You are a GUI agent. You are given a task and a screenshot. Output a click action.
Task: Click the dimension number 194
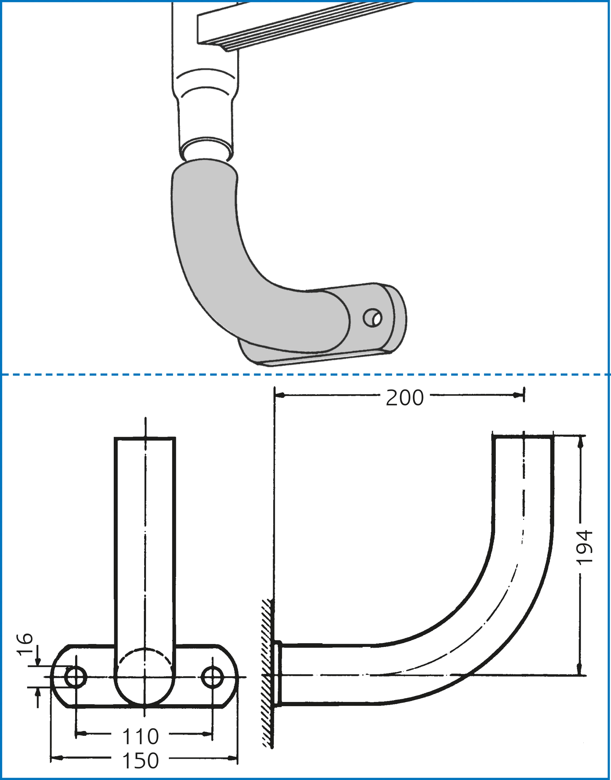point(586,547)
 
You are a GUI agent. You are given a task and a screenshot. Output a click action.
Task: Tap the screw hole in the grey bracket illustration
point(372,317)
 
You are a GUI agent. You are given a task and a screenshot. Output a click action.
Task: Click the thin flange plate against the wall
point(278,674)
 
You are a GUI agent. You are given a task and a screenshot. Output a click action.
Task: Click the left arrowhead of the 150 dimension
point(56,758)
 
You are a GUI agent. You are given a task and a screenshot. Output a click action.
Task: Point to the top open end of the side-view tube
point(523,437)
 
